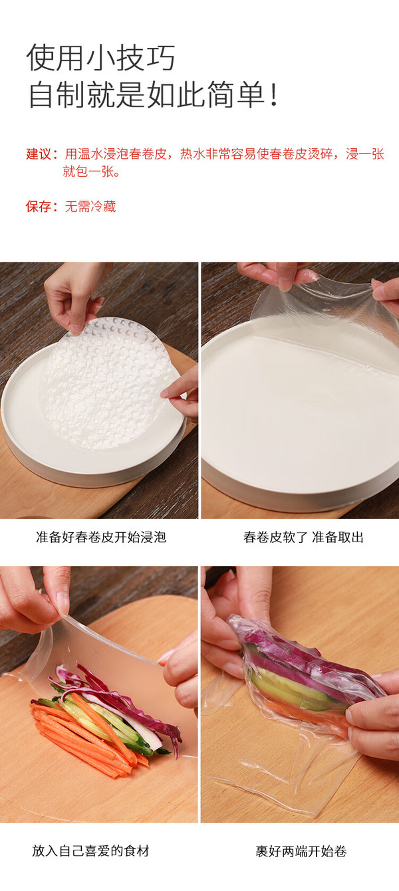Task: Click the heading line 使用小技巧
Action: (100, 58)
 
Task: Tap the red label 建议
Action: (38, 154)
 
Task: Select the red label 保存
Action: (38, 207)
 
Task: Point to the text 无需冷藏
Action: (90, 207)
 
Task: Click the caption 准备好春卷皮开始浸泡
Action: (101, 538)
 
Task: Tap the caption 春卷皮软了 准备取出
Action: (303, 538)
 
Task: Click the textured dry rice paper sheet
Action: (106, 384)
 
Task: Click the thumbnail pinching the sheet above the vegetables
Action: (63, 603)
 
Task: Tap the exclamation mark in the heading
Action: (273, 94)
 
